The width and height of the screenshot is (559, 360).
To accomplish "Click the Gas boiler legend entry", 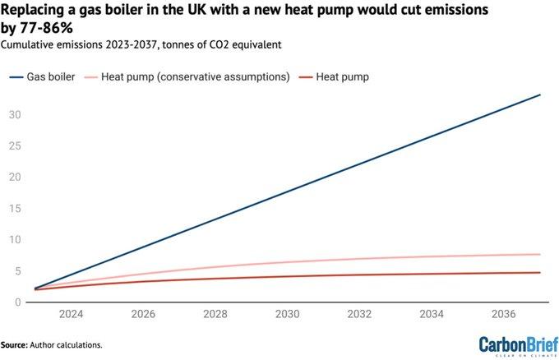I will point(45,76).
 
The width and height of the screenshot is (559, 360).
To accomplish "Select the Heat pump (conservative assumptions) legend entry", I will point(196,76).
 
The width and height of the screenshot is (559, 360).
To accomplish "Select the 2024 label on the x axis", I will point(71,314).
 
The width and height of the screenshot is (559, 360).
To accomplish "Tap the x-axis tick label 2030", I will point(288,314).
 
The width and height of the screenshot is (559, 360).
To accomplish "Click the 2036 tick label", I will point(504,314).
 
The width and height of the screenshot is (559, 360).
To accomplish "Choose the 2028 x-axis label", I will point(215,314).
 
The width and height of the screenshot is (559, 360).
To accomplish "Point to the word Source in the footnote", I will point(13,345).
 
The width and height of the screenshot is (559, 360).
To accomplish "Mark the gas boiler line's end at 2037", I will point(540,95).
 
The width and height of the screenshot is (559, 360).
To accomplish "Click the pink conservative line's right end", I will point(540,255).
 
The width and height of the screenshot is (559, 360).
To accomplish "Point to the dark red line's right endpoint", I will point(540,273).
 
